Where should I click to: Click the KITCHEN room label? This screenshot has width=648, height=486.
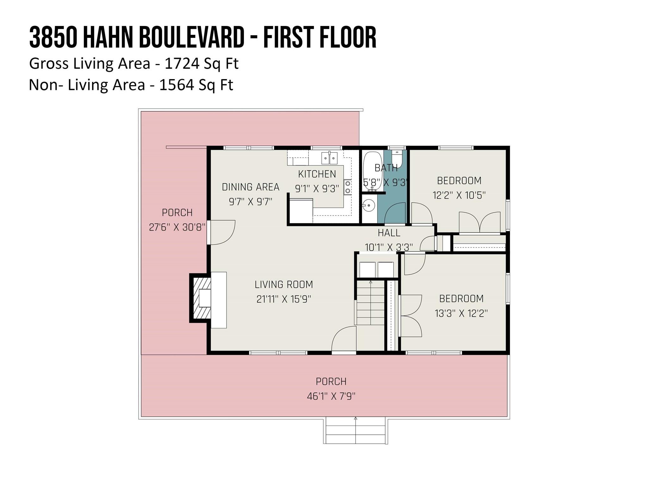coord(317,174)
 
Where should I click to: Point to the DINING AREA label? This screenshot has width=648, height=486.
coord(251,187)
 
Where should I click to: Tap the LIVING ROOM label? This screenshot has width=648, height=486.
coord(284,284)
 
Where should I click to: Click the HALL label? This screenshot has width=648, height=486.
coord(389,233)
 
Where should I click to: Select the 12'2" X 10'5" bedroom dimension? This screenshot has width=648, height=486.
coord(459,195)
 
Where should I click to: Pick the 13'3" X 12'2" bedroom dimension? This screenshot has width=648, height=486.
coord(461,313)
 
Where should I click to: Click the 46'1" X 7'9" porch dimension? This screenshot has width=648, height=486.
coord(331,396)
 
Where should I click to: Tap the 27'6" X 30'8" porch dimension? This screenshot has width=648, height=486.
coord(177,227)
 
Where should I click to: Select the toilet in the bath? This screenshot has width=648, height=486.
coord(396,159)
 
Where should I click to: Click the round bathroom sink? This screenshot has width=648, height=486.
coord(369,205)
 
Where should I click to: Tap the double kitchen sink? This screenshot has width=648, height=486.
coord(329,158)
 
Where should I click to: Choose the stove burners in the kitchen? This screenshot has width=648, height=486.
coord(348,187)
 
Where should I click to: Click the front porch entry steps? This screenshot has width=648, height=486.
coord(356,430)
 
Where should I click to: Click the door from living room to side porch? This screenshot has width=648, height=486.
coord(221,232)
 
